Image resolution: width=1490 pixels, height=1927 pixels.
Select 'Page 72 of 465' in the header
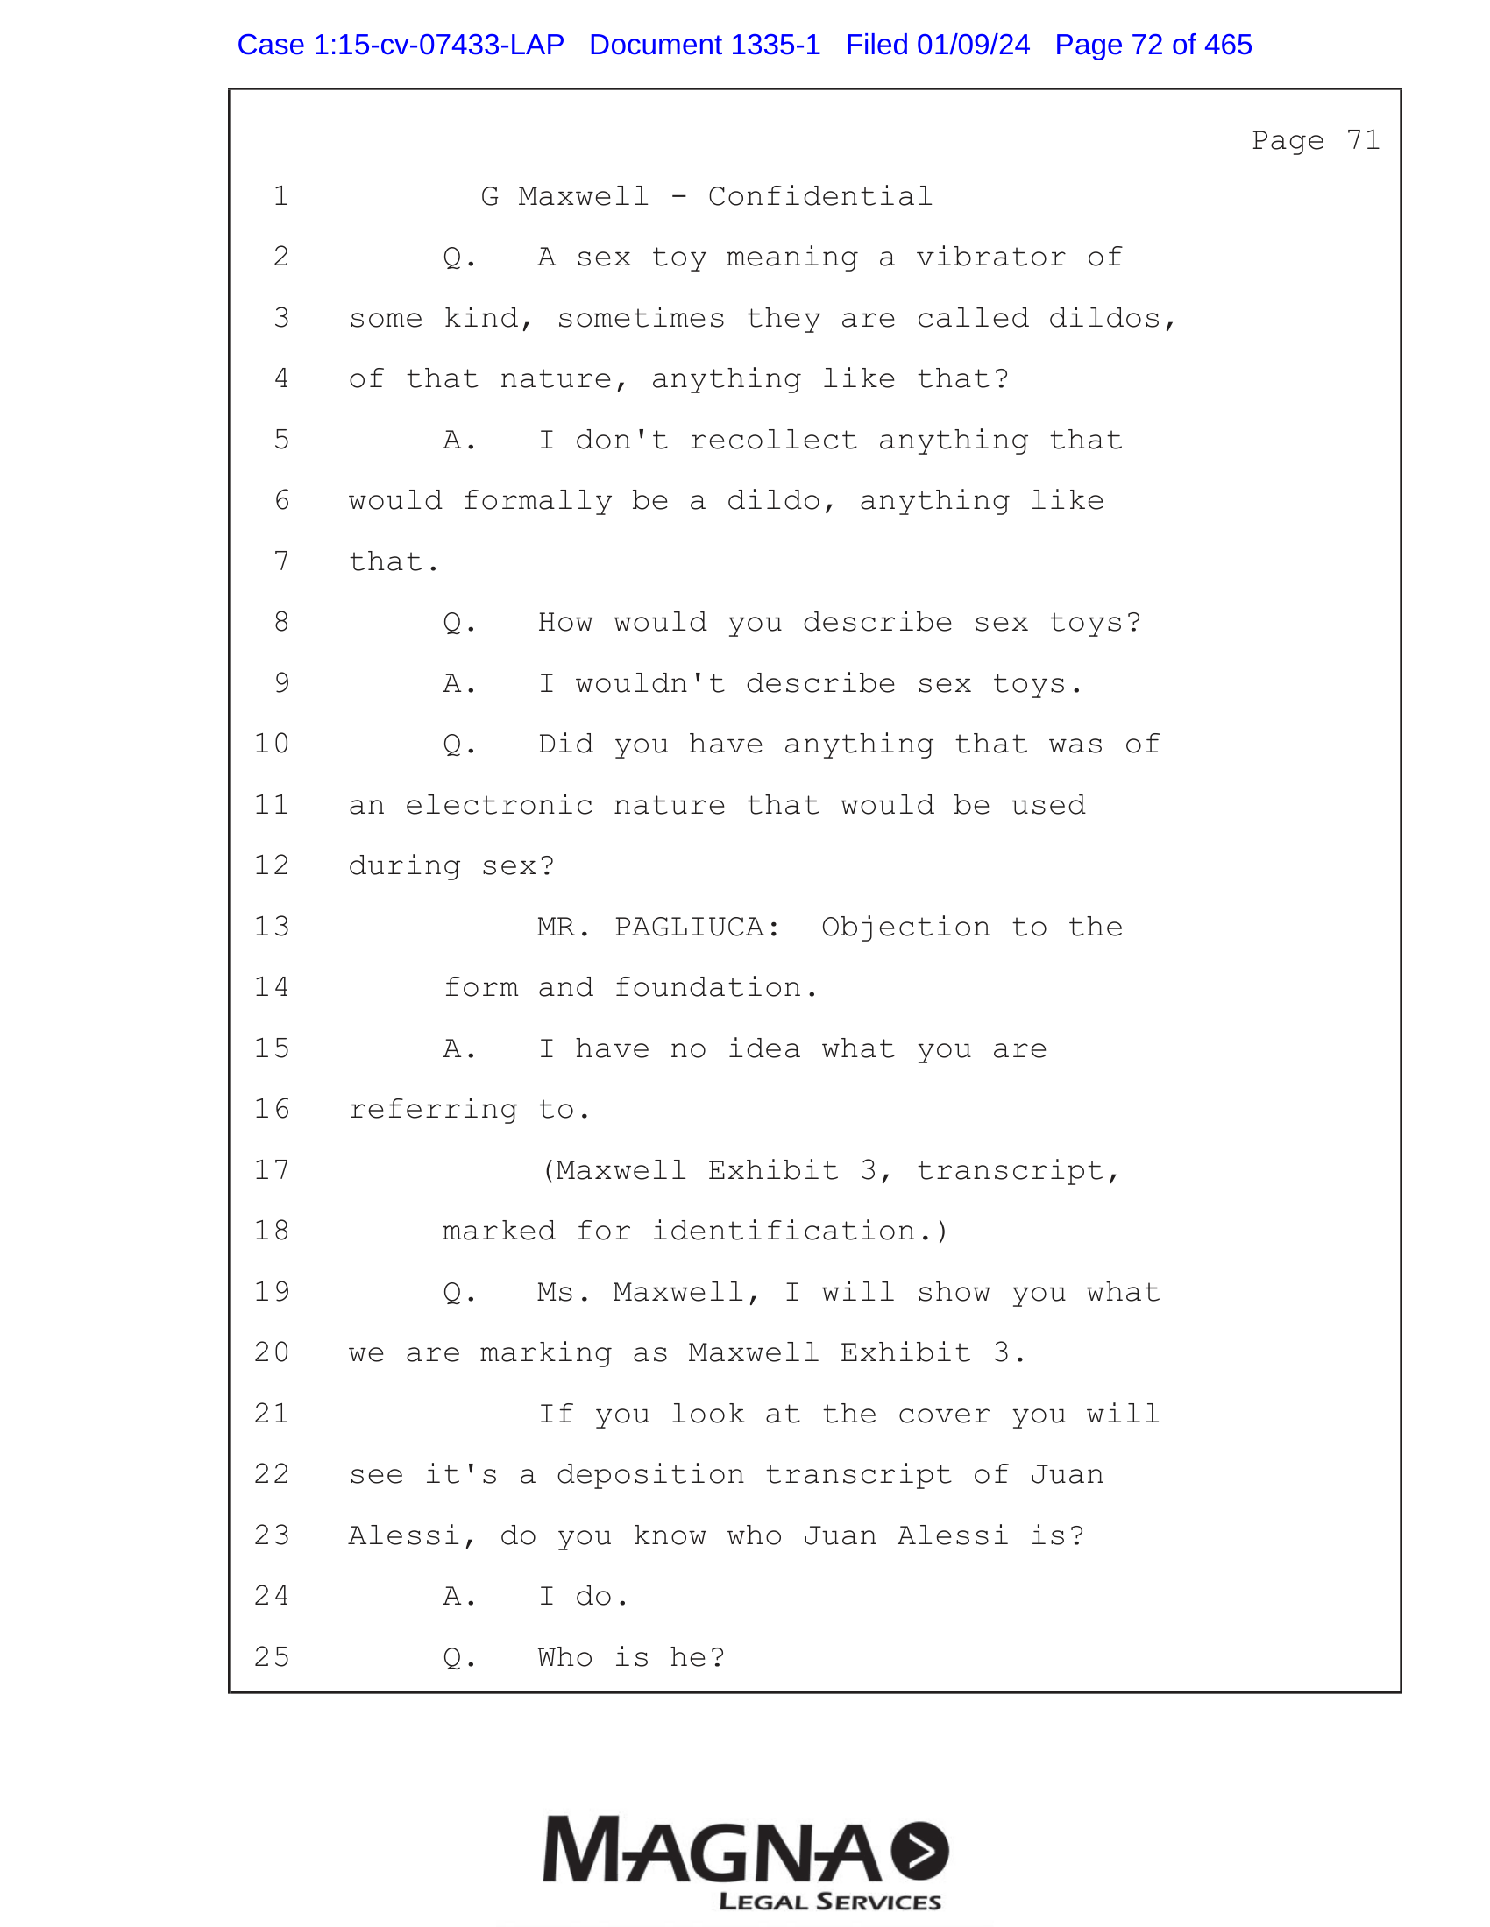[x=1153, y=45]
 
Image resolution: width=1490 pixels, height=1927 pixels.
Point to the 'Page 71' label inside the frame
[x=1315, y=140]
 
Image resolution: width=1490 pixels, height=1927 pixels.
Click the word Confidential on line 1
[x=819, y=196]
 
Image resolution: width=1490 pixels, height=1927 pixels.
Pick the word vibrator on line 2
[x=990, y=257]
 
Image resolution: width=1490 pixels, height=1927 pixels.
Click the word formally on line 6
[x=537, y=500]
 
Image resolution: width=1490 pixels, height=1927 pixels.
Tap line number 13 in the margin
[x=272, y=927]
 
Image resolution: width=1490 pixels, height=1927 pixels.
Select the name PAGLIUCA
[x=697, y=927]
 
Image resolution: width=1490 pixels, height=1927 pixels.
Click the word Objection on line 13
[x=905, y=927]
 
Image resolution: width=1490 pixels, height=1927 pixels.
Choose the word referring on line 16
[x=432, y=1109]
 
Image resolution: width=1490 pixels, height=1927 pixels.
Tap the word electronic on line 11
[x=499, y=805]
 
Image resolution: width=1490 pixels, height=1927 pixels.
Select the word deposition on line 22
[x=649, y=1474]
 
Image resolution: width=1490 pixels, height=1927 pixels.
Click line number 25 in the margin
[x=272, y=1657]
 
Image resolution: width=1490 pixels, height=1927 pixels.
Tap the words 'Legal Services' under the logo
[x=830, y=1901]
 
